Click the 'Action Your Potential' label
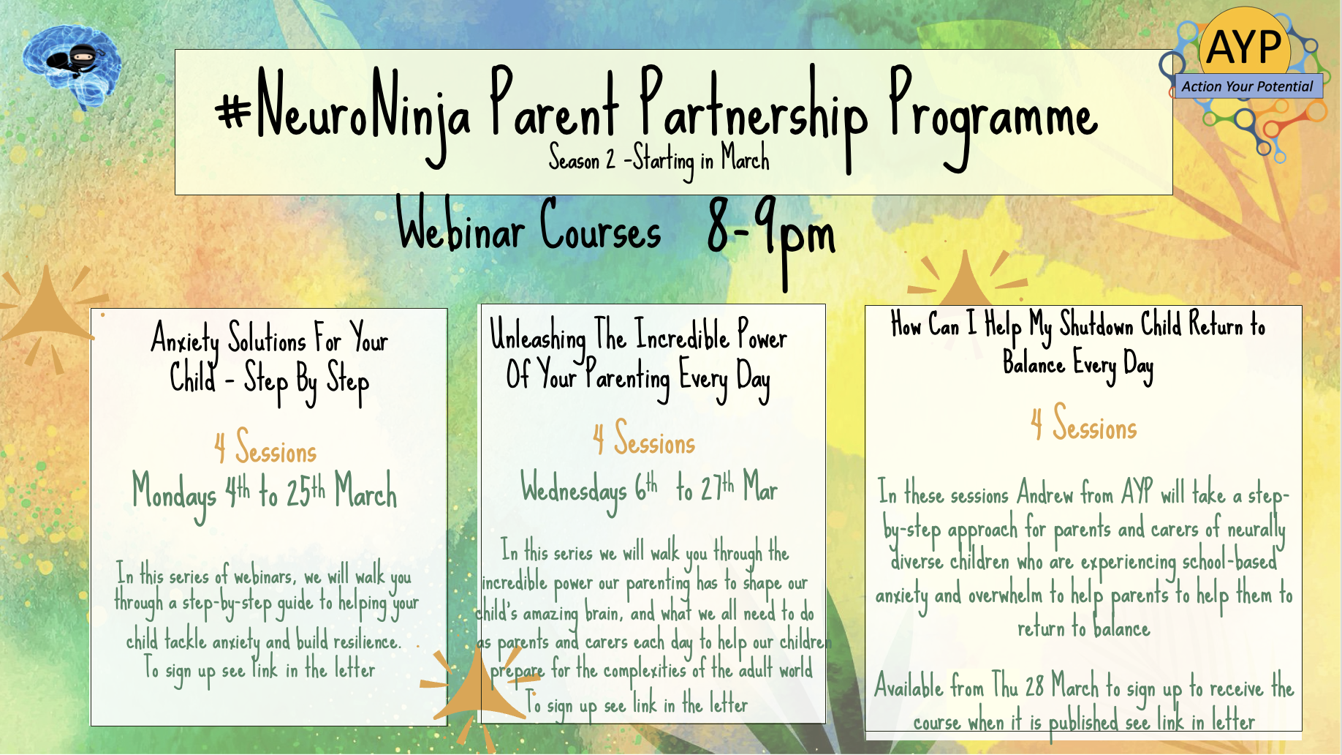click(1247, 86)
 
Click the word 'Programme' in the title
click(993, 117)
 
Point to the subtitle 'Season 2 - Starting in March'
click(659, 158)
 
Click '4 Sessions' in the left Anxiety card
click(265, 447)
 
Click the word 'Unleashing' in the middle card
click(537, 337)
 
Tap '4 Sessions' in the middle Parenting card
click(644, 438)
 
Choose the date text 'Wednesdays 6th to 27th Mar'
click(649, 489)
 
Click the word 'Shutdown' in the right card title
click(1096, 324)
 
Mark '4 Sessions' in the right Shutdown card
click(1084, 424)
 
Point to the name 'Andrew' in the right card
click(1045, 493)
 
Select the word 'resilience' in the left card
click(367, 641)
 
